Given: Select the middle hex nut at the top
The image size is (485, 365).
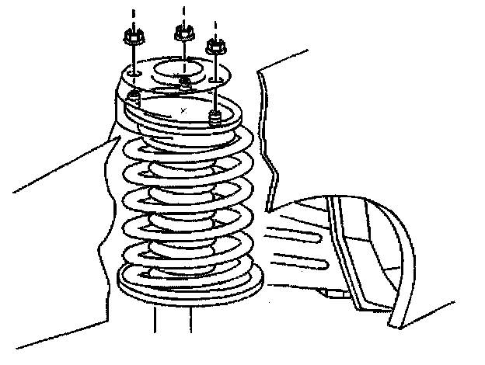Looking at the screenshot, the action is [x=183, y=32].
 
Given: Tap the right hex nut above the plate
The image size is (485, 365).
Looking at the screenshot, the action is [x=215, y=46].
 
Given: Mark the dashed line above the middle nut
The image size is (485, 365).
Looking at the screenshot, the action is [x=184, y=11].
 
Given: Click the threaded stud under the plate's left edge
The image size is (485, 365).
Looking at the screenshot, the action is [x=133, y=96].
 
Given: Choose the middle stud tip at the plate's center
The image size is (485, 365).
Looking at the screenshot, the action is [x=183, y=82].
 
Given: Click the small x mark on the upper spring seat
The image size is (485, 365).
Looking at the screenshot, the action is [x=183, y=111].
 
